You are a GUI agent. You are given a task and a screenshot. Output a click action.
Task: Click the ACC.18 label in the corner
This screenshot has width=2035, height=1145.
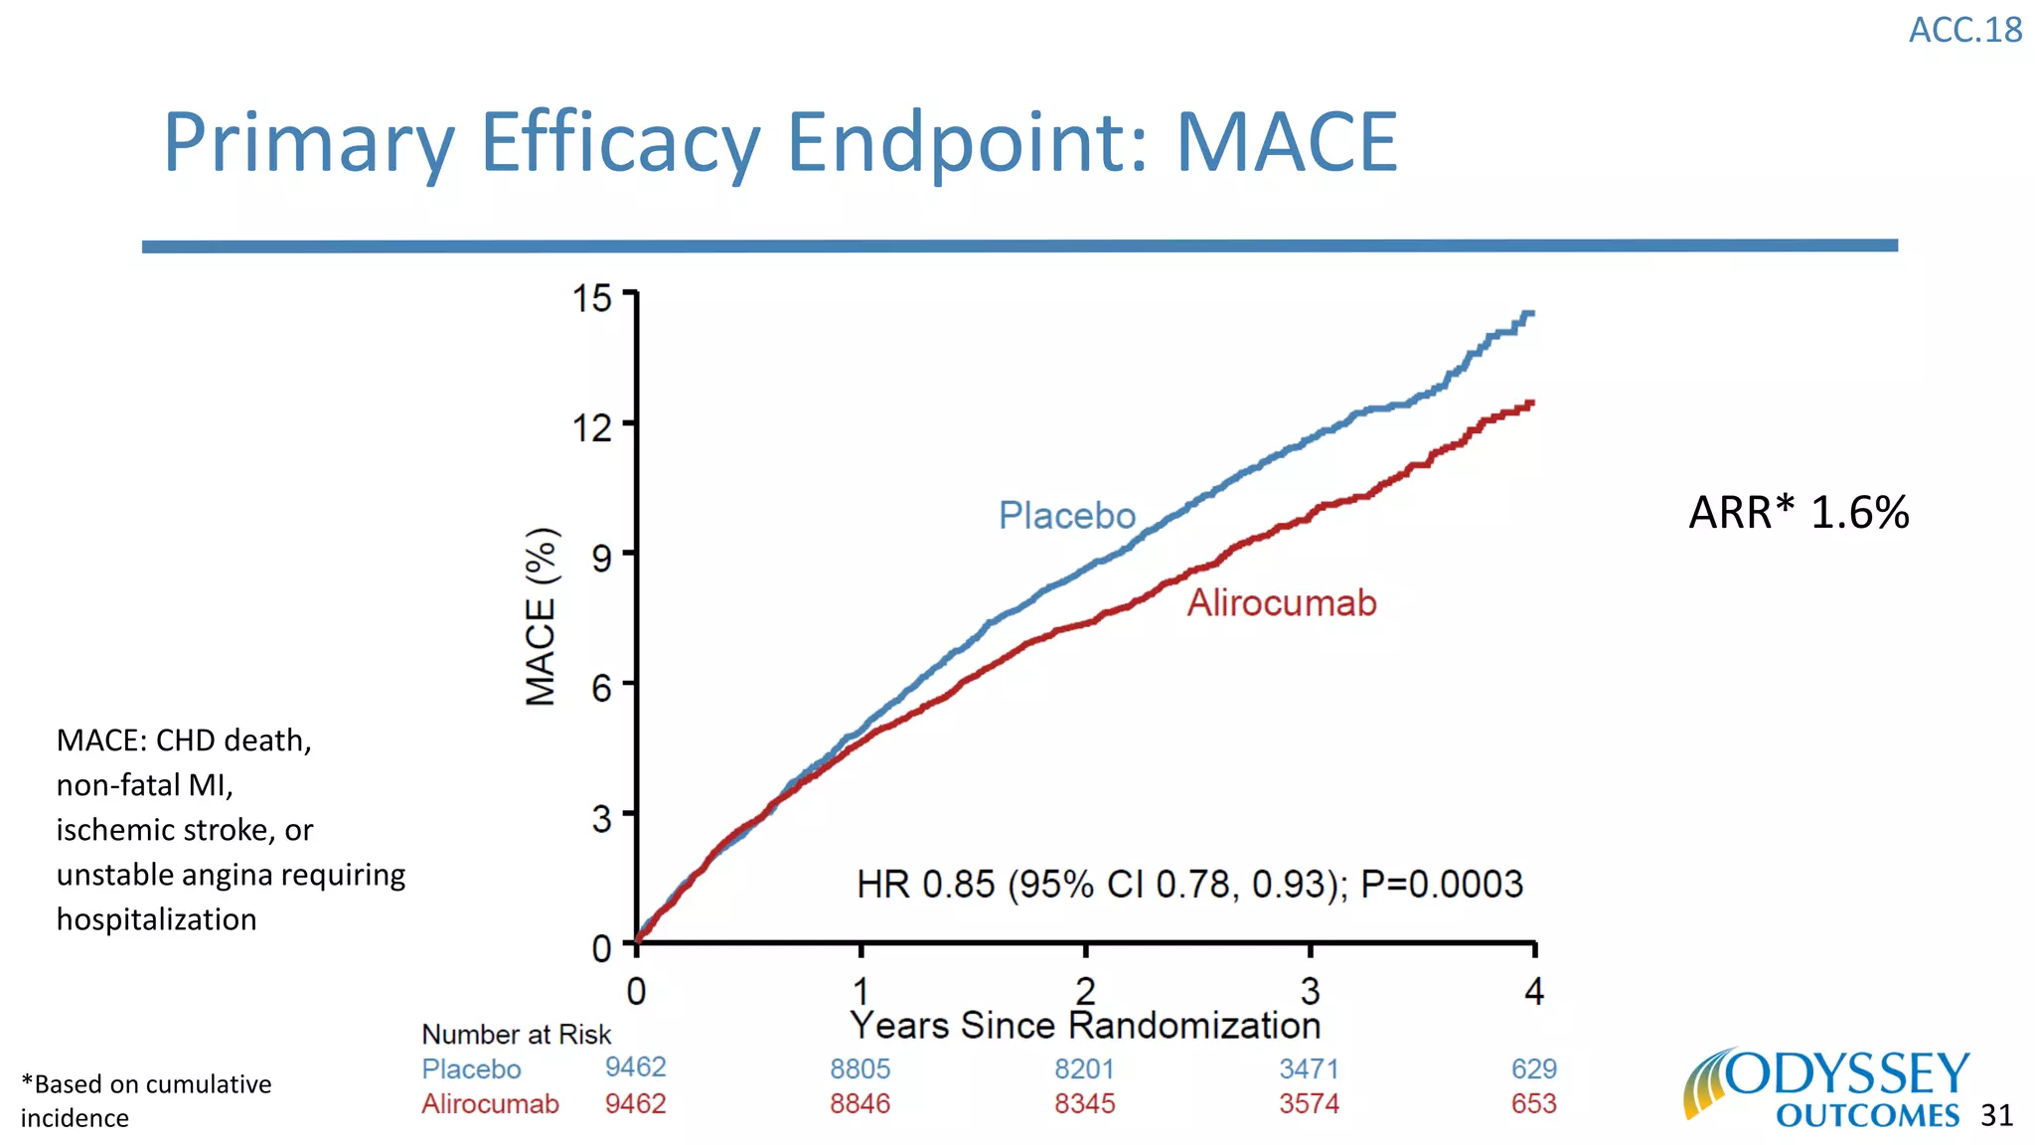pos(1964,30)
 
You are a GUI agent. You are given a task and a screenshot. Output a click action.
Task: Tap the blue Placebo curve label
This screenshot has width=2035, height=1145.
pos(1066,516)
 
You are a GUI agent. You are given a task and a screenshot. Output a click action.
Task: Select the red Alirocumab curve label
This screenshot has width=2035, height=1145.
pos(1281,603)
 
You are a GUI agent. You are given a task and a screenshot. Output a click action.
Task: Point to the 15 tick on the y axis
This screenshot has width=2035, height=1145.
pos(592,297)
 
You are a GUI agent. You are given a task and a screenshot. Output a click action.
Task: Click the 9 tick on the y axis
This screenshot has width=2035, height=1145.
pos(601,559)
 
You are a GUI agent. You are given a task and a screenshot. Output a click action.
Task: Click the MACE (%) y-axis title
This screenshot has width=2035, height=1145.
pos(542,616)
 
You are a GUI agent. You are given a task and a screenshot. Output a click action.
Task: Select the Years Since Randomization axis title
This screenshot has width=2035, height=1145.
pos(1085,1026)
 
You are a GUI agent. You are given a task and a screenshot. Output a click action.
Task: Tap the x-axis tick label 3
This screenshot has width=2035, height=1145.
pos(1310,991)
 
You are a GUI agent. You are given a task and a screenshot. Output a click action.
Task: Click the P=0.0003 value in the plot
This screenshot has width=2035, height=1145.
pos(1441,884)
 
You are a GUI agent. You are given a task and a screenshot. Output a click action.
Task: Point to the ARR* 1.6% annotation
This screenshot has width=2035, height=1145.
pos(1799,513)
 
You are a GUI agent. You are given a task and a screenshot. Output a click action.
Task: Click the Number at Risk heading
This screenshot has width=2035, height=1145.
pos(516,1035)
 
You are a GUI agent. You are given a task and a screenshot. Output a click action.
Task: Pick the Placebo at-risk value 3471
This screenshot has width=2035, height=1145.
pos(1309,1069)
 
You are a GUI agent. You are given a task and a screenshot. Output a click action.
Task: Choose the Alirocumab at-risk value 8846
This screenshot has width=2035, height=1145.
pos(860,1104)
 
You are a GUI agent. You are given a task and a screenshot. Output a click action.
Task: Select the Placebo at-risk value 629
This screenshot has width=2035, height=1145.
pos(1533,1069)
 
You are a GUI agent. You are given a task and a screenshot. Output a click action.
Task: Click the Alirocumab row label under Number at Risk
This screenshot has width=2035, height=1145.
pos(490,1104)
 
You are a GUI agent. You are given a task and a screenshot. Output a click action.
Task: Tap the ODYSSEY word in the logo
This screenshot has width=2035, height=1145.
pos(1846,1074)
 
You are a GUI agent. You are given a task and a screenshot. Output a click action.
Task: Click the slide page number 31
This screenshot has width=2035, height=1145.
pos(1996,1116)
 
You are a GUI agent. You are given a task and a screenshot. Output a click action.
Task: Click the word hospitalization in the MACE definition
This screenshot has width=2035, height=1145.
pos(156,919)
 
